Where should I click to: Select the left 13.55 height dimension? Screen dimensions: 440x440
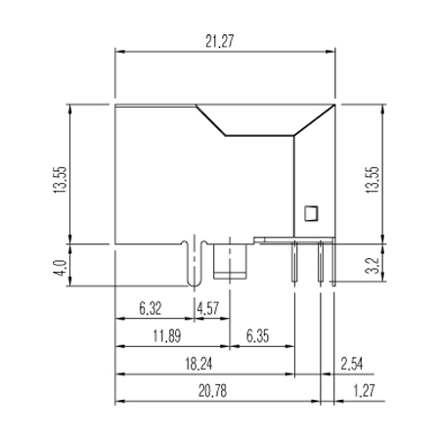(60, 180)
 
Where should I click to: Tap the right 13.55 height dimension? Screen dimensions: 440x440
(373, 180)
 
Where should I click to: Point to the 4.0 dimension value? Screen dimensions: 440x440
(60, 268)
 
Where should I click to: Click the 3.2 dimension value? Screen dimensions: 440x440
(373, 266)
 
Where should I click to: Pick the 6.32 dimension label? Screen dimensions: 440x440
(151, 308)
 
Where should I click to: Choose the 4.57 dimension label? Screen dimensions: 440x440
(208, 308)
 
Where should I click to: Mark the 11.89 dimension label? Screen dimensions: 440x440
(167, 336)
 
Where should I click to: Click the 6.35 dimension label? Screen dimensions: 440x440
(258, 336)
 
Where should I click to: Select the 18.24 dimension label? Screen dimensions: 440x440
(198, 364)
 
